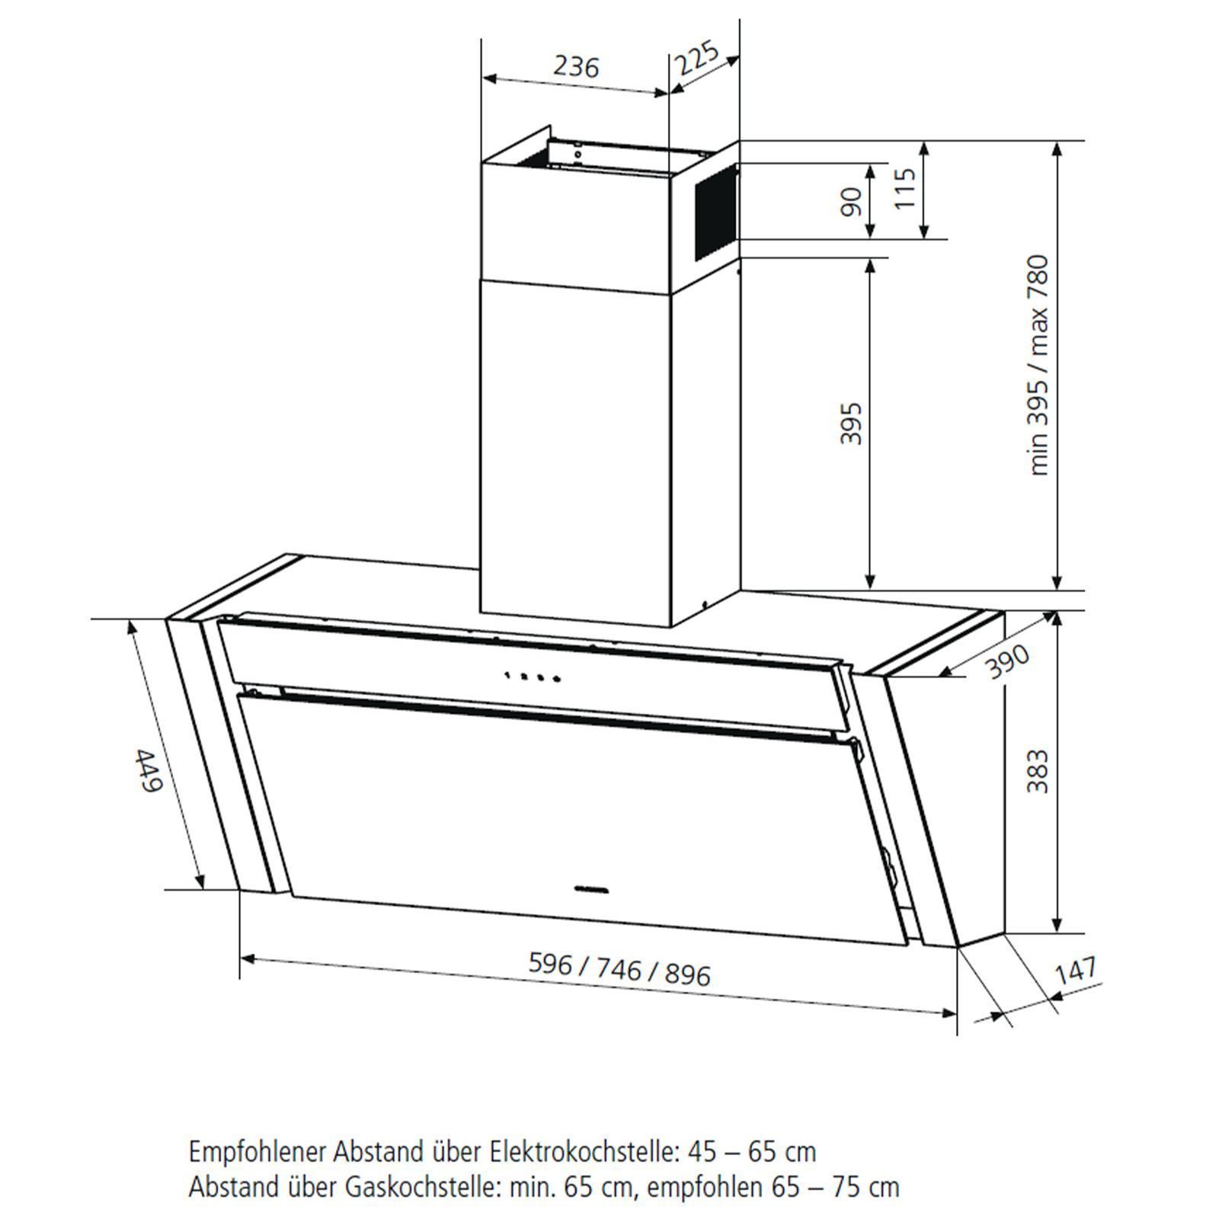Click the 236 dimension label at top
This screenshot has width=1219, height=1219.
(x=576, y=67)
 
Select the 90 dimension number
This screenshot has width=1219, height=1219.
(x=851, y=201)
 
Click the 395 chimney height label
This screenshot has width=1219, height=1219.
(x=851, y=423)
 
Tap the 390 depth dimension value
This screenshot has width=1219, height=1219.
(x=1007, y=661)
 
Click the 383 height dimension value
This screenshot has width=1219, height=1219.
(x=1038, y=771)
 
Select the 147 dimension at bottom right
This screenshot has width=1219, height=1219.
(x=1076, y=970)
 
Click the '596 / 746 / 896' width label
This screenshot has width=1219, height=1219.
(x=619, y=969)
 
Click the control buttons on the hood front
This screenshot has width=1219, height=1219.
(x=533, y=676)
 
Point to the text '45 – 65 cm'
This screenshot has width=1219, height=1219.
(x=750, y=1151)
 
